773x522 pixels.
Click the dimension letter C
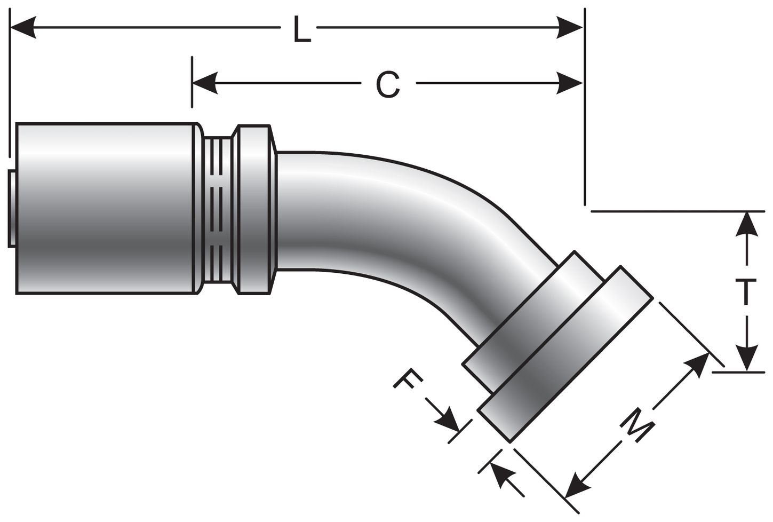387,84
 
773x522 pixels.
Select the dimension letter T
748,292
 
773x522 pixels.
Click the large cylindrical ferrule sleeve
107,208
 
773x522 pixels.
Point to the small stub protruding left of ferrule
12,208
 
